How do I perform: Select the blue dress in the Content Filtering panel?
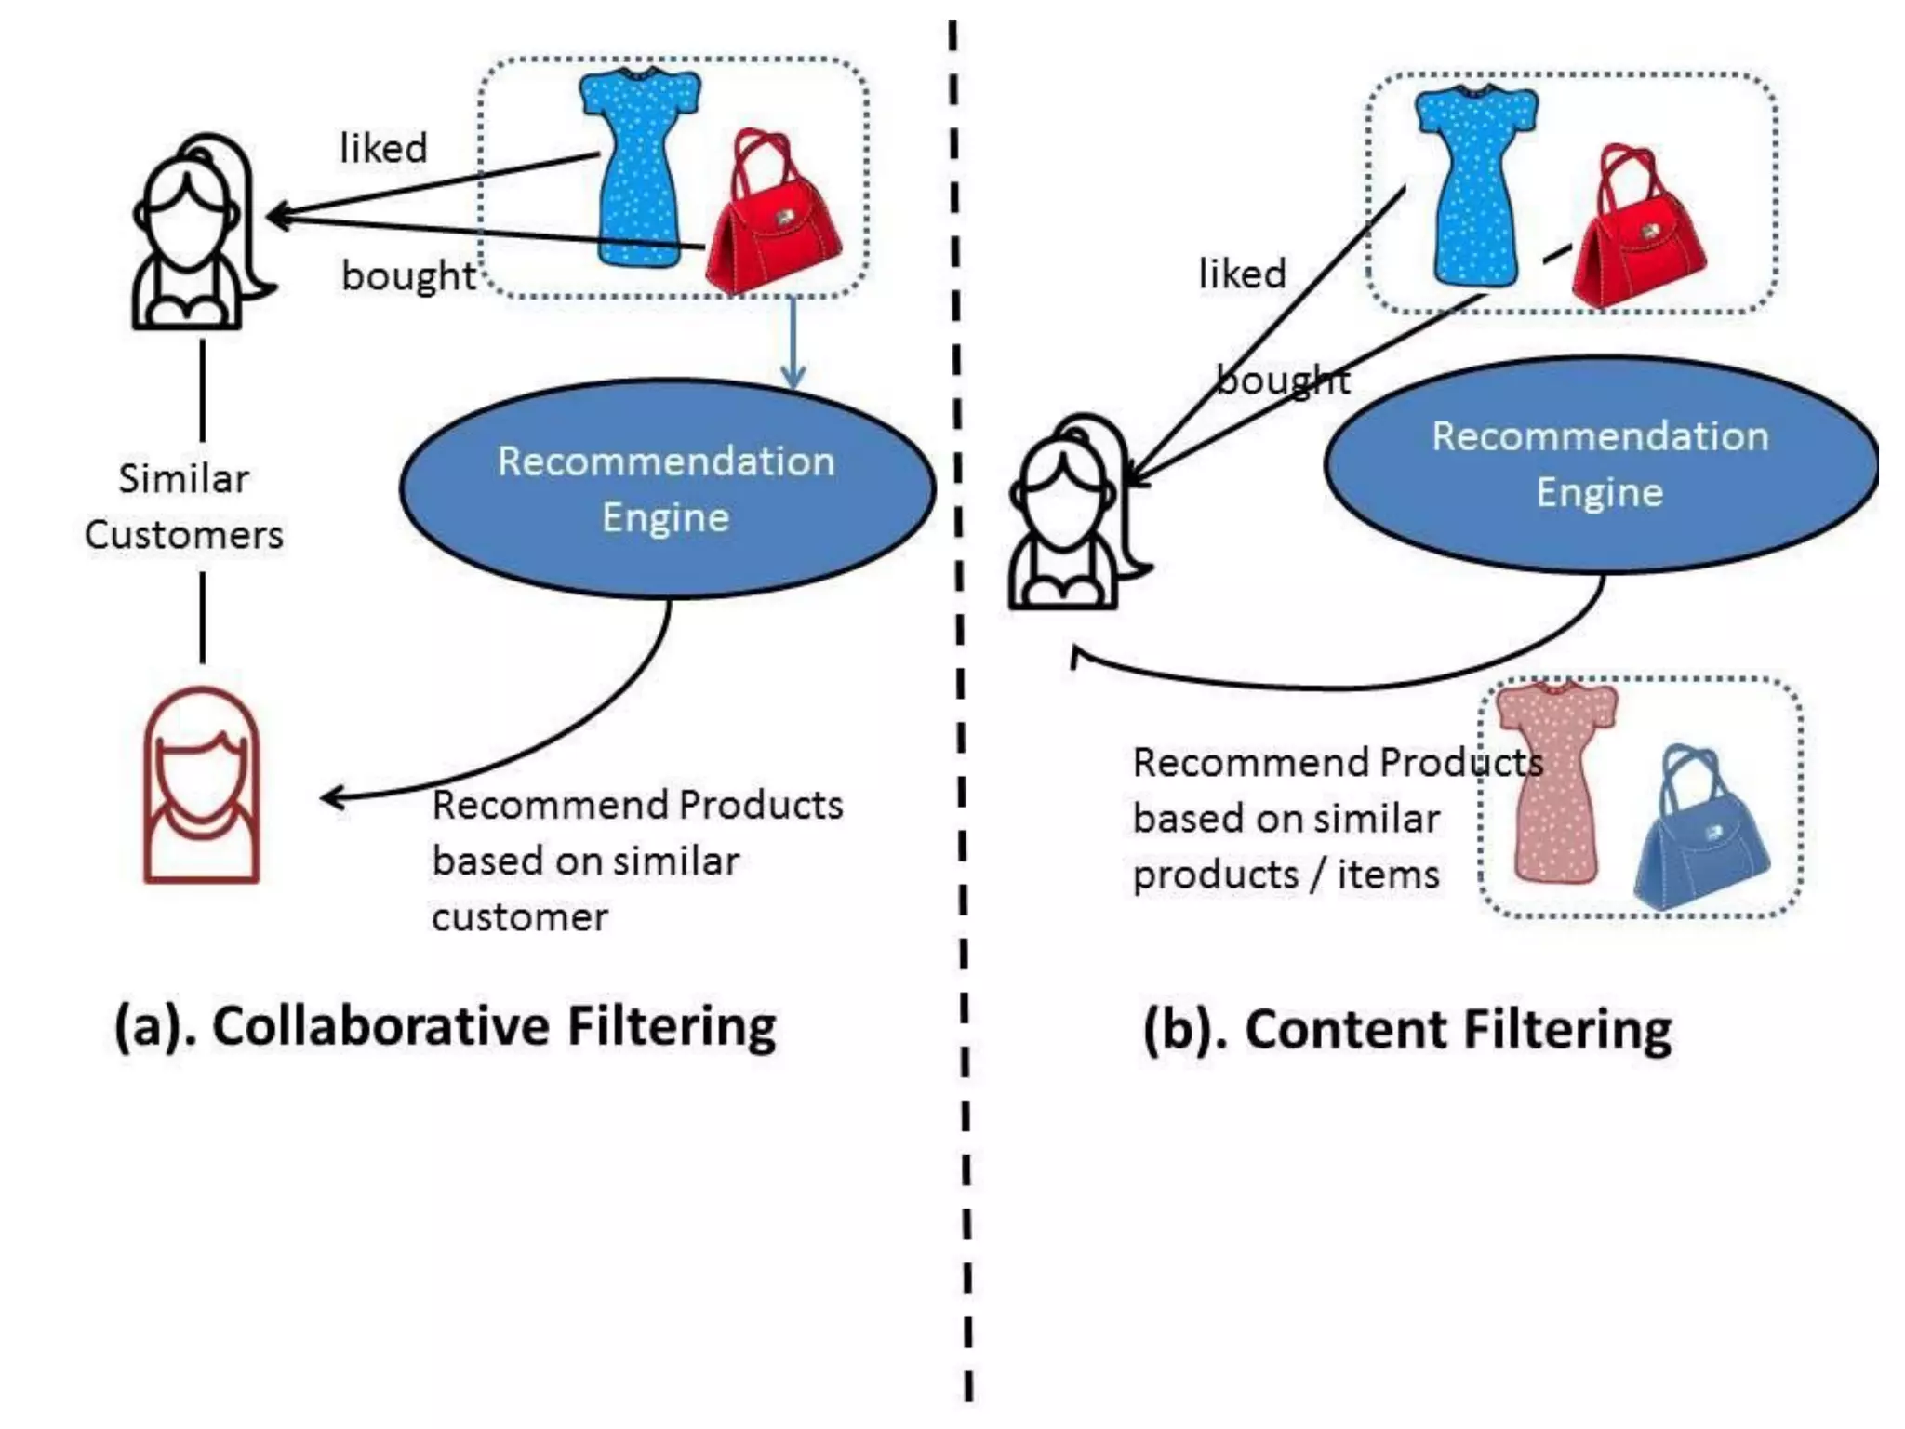tap(1475, 186)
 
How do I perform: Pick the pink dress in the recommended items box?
tap(1555, 781)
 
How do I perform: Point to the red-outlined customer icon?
tap(201, 786)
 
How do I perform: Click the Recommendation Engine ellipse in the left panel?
tap(666, 488)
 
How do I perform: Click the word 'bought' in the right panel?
tap(1284, 380)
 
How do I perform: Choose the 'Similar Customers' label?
tap(184, 507)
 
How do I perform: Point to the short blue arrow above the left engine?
tap(793, 342)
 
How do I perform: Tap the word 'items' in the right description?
tap(1388, 875)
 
